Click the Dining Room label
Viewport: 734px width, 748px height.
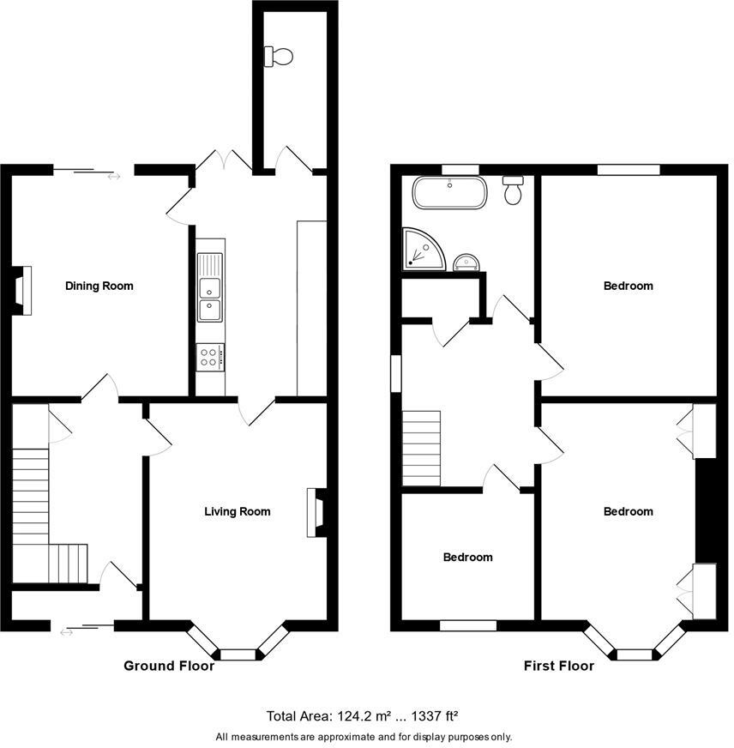pos(99,286)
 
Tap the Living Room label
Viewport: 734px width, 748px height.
pos(237,512)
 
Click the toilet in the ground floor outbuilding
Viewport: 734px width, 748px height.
pos(280,57)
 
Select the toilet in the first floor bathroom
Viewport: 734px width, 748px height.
pos(514,190)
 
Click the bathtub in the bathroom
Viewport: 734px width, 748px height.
pos(450,193)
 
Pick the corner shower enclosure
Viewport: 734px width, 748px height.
pos(423,249)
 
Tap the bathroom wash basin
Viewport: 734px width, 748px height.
pos(468,261)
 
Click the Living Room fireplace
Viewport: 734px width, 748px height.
pos(316,513)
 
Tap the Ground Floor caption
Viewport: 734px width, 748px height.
pos(169,666)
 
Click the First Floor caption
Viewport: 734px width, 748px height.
pos(559,666)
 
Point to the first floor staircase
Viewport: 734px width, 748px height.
pos(421,448)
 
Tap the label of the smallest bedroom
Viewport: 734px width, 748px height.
pos(467,558)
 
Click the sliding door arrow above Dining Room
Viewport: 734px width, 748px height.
pos(114,178)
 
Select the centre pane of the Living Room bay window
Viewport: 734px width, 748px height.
pos(238,654)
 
